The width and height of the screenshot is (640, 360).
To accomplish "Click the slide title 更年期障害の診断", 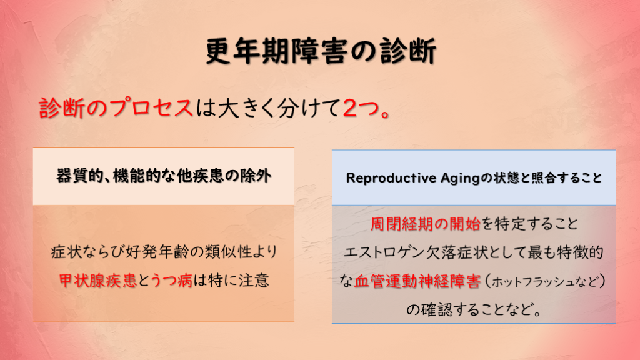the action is coord(321,51).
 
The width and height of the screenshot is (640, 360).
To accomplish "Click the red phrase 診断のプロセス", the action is coord(116,108).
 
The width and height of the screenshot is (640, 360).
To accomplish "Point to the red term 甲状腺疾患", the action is coord(97,281).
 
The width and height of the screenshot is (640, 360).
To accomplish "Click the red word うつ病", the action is coord(171,281).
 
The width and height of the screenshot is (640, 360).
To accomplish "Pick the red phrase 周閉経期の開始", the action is coord(425,224).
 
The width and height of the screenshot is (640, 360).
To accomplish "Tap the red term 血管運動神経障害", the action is coord(417,281).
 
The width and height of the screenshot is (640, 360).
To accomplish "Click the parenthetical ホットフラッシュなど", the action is coord(544,282).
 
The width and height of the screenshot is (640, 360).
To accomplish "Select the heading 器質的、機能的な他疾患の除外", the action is coord(164,176).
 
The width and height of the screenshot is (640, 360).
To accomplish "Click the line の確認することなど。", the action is coord(474,310).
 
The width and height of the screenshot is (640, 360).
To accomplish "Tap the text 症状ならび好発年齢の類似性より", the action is coord(164,252).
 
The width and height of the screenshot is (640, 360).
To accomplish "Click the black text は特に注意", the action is coord(231,281).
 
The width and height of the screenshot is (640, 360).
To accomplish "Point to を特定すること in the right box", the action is coord(530,224).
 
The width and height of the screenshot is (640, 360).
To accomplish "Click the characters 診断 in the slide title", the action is coord(408,51).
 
